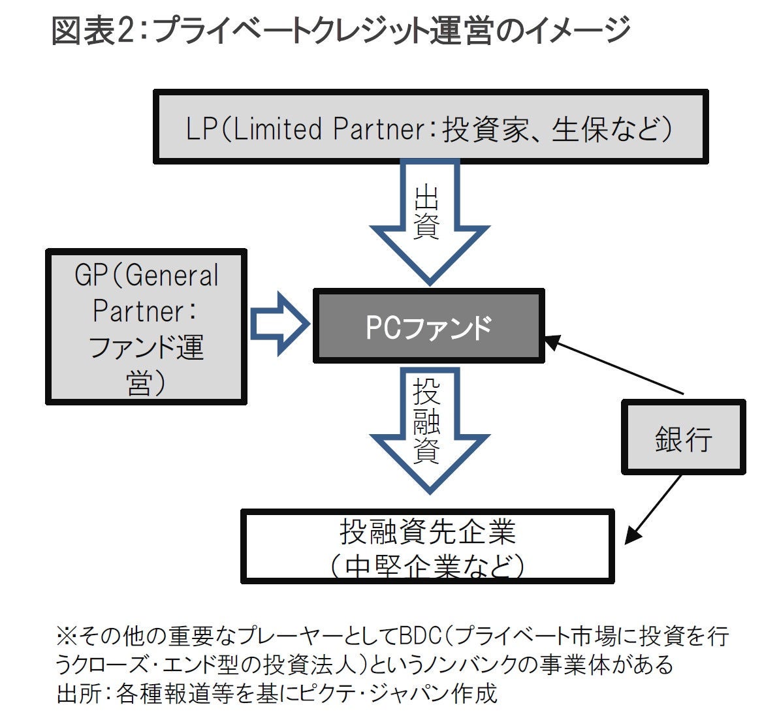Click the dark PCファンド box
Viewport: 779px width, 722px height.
428,326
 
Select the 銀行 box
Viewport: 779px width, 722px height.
683,437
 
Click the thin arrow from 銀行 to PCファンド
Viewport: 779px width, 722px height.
614,366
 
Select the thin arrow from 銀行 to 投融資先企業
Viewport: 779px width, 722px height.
653,509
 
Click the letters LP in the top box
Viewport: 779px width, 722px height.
201,129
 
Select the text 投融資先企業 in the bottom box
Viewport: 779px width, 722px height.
428,532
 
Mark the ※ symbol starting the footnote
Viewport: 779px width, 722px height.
66,635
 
